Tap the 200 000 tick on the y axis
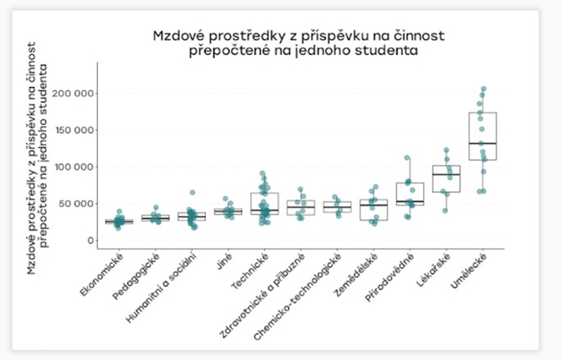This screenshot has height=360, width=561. click(x=72, y=93)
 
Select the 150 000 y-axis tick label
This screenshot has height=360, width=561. click(x=72, y=130)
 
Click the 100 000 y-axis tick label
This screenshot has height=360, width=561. click(x=72, y=166)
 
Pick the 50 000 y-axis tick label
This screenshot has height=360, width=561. click(x=75, y=204)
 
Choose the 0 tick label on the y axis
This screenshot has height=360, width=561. click(x=89, y=241)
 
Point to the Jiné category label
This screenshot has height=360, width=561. click(x=222, y=262)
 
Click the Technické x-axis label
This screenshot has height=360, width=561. click(x=253, y=273)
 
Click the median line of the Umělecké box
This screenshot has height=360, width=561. click(x=482, y=144)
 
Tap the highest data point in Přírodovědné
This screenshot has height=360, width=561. click(x=407, y=158)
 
